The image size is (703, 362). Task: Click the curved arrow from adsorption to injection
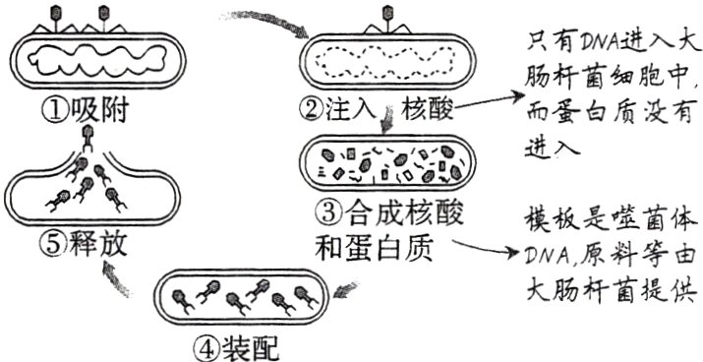pos(265,23)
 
